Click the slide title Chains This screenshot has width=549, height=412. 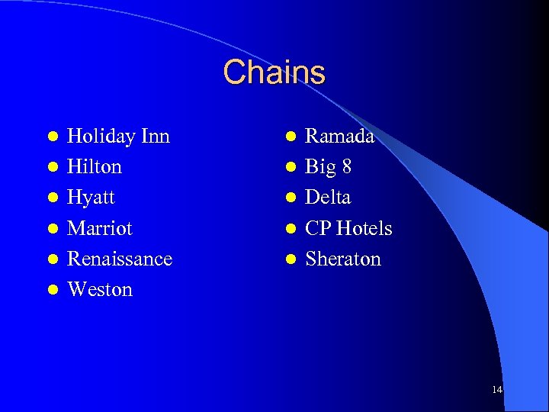click(x=274, y=72)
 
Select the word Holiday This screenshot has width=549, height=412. click(x=98, y=137)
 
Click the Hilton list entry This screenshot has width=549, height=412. click(x=95, y=167)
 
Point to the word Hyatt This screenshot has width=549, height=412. click(x=91, y=198)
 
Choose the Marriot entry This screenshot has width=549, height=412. click(x=100, y=228)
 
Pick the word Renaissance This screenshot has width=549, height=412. click(x=120, y=259)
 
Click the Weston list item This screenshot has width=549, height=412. click(x=100, y=289)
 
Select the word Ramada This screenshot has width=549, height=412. click(x=339, y=137)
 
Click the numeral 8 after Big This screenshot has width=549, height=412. click(x=346, y=167)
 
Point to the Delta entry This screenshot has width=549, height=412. click(x=328, y=198)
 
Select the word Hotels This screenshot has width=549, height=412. click(x=364, y=228)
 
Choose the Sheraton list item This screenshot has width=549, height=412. click(x=342, y=259)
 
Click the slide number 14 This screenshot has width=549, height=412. click(x=497, y=390)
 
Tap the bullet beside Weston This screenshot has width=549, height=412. click(x=53, y=290)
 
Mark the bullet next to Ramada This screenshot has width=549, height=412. click(x=291, y=137)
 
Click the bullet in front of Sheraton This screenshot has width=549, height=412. click(x=291, y=259)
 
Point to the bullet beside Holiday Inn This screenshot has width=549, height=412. click(x=53, y=137)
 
